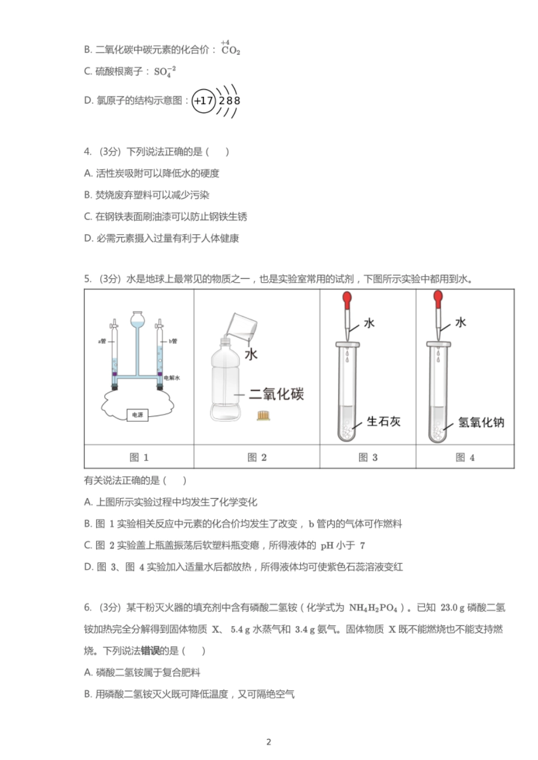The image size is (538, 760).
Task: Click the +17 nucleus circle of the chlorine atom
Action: (x=203, y=101)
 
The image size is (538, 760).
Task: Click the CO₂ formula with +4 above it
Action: (x=230, y=50)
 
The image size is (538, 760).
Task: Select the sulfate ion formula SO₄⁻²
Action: (x=165, y=72)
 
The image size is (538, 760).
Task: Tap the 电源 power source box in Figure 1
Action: (x=138, y=415)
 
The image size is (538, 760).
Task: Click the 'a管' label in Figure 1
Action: (x=102, y=341)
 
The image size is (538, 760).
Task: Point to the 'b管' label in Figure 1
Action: (x=173, y=341)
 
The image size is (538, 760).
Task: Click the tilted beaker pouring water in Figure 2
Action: (x=243, y=329)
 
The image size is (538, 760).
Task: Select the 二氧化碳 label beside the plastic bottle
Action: (x=276, y=394)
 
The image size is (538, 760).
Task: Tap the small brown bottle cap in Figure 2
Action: (x=263, y=416)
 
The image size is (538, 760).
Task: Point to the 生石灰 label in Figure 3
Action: (x=383, y=422)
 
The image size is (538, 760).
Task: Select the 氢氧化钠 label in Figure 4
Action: (x=481, y=422)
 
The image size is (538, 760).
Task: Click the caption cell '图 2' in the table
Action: (x=257, y=457)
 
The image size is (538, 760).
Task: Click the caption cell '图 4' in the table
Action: (x=465, y=457)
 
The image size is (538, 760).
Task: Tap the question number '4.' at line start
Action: (x=88, y=152)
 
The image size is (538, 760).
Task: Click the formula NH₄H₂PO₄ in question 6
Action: (x=373, y=608)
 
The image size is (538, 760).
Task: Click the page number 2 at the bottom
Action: (x=268, y=742)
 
